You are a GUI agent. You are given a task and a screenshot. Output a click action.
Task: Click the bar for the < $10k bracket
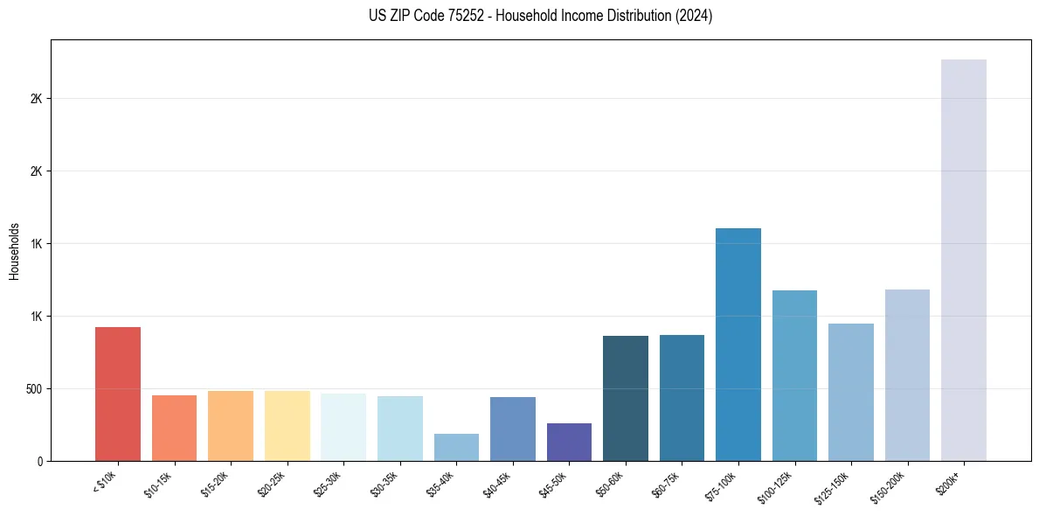click(x=118, y=394)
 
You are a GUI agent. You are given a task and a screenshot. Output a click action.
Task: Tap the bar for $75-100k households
click(x=738, y=345)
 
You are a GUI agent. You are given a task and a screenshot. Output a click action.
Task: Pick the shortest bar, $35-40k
click(x=456, y=447)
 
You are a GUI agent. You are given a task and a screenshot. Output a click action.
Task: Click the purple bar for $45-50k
click(x=569, y=442)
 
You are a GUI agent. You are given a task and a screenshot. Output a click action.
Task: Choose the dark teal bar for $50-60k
click(x=626, y=398)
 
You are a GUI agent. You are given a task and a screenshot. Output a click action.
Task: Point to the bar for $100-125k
click(x=794, y=375)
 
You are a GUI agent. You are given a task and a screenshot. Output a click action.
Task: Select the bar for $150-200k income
click(x=907, y=375)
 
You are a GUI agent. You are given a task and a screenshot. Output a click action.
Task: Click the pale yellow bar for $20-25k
click(x=287, y=426)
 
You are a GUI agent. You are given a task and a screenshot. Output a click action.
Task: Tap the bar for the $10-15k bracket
click(x=174, y=428)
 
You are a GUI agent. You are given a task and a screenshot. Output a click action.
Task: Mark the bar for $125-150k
click(x=851, y=392)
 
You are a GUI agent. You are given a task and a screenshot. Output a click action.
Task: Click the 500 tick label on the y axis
click(x=34, y=388)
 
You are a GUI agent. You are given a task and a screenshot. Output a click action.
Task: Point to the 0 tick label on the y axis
click(x=39, y=461)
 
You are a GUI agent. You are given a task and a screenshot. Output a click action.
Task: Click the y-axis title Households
click(x=15, y=250)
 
